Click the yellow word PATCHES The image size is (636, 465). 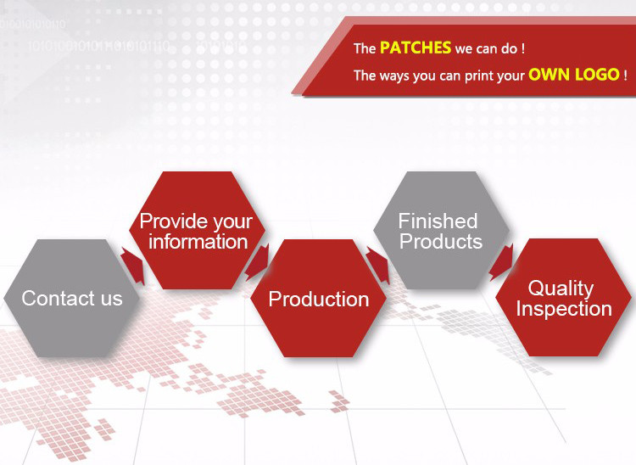pyautogui.click(x=416, y=48)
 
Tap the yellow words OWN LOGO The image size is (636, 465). pyautogui.click(x=574, y=75)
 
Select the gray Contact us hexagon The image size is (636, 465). pyautogui.click(x=72, y=298)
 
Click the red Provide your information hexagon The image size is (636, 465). pyautogui.click(x=197, y=230)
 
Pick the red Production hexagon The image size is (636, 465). pyautogui.click(x=318, y=298)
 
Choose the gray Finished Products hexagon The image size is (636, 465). pyautogui.click(x=441, y=230)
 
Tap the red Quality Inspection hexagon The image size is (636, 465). pyautogui.click(x=563, y=298)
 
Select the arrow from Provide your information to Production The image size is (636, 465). pyautogui.click(x=257, y=262)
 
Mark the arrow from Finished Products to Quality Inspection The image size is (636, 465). pyautogui.click(x=502, y=262)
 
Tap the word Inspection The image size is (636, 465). pyautogui.click(x=564, y=309)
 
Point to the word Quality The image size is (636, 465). pyautogui.click(x=561, y=289)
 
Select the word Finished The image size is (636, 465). pyautogui.click(x=438, y=221)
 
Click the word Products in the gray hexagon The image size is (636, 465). pyautogui.click(x=441, y=242)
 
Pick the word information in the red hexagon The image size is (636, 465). pyautogui.click(x=198, y=242)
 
